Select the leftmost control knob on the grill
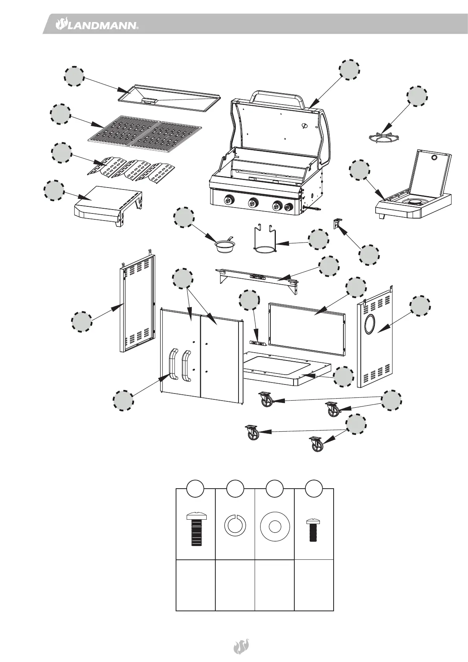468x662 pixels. click(x=228, y=200)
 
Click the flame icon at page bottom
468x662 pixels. click(x=240, y=646)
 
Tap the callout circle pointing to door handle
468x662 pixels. click(x=123, y=401)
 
